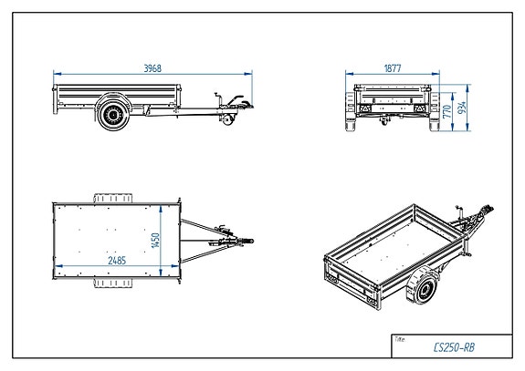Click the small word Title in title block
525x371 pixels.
click(x=399, y=337)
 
